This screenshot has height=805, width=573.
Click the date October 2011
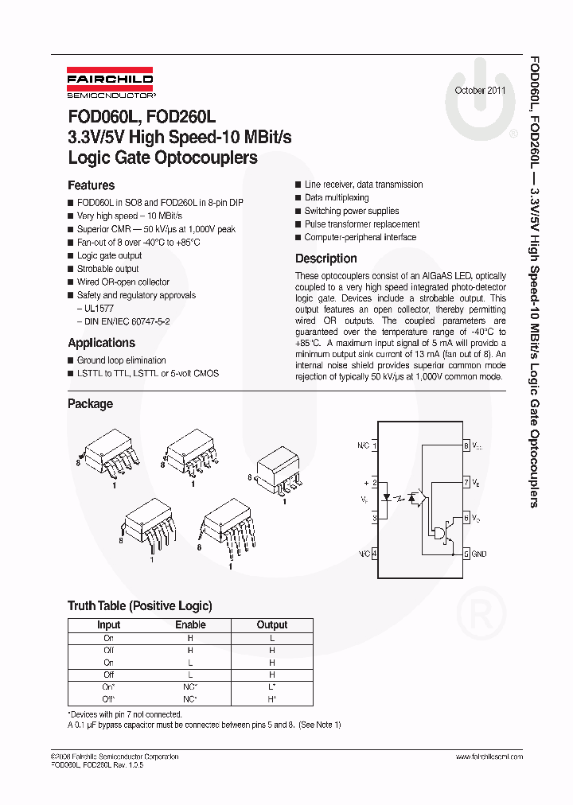tap(480, 90)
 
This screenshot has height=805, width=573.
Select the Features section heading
tap(91, 185)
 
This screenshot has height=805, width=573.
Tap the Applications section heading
tap(101, 343)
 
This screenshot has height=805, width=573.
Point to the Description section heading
tap(325, 259)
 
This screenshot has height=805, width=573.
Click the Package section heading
tap(90, 404)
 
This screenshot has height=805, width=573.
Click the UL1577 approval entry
tap(95, 309)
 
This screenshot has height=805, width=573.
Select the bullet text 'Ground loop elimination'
tap(121, 360)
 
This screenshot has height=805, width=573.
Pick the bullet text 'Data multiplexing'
tap(337, 197)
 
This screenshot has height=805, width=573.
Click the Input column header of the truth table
tap(108, 625)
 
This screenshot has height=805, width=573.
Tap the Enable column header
tap(190, 625)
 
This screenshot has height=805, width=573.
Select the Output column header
tap(271, 625)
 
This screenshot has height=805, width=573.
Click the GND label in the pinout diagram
tap(480, 554)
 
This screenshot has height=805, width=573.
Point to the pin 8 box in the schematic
tap(466, 446)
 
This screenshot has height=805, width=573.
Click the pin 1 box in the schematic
tap(375, 446)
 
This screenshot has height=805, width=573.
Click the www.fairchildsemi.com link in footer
tap(489, 756)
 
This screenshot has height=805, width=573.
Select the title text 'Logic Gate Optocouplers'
tap(162, 157)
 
